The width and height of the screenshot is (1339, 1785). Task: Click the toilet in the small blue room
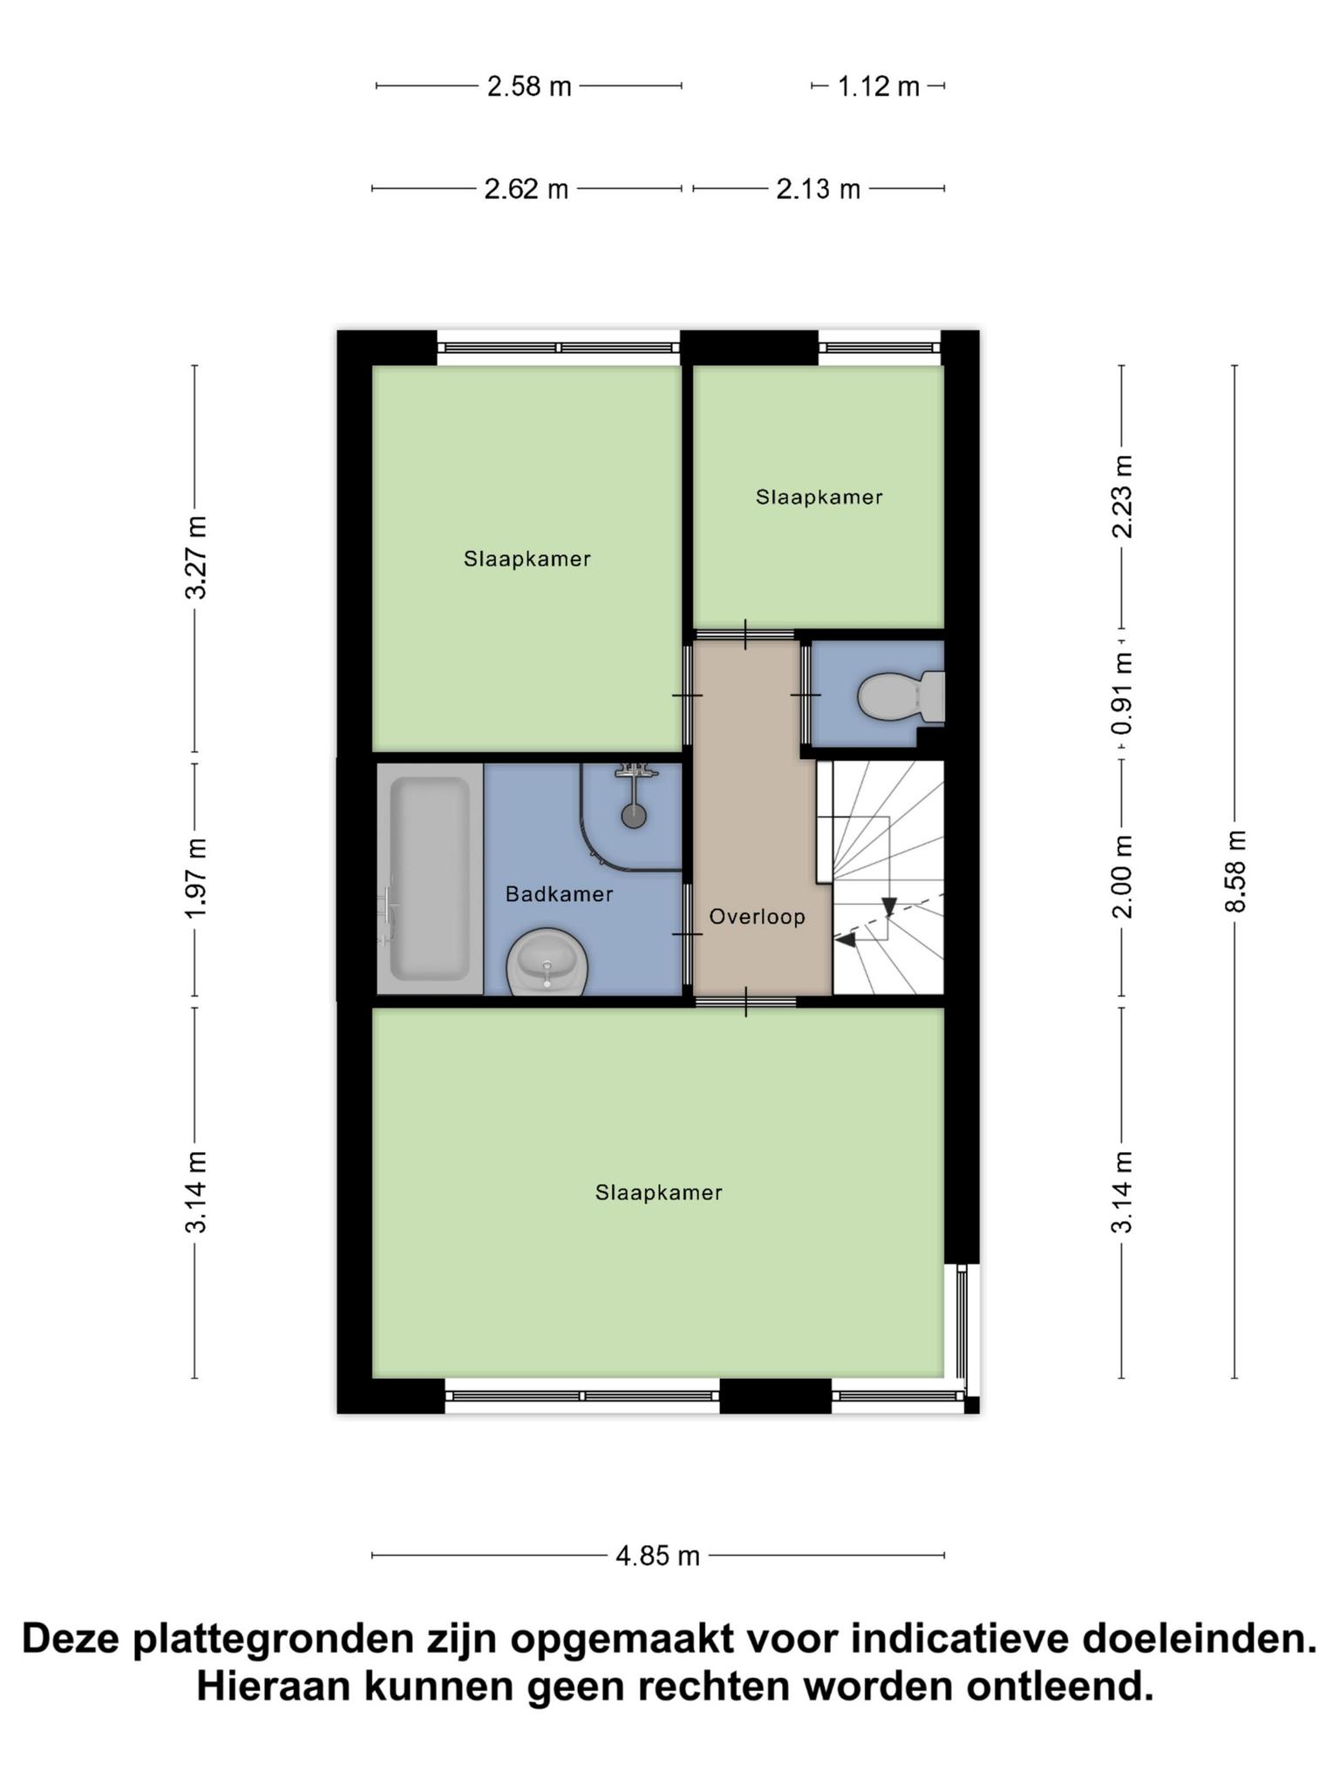[901, 696]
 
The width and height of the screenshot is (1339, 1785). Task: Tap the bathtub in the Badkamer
[430, 879]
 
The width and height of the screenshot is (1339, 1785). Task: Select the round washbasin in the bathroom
[547, 961]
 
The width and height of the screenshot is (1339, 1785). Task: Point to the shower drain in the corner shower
[634, 816]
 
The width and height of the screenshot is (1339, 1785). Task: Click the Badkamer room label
[559, 894]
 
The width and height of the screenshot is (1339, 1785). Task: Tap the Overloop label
[757, 917]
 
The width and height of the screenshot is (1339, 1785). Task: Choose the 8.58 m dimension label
[1235, 871]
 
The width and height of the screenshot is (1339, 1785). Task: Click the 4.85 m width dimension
[658, 1556]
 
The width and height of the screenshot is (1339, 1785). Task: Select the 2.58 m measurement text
[529, 86]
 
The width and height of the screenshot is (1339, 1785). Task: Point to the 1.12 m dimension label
[879, 86]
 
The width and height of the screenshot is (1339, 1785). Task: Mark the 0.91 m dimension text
[1122, 695]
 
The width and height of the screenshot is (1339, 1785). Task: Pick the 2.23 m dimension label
[1122, 497]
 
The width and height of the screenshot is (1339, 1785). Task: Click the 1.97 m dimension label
[195, 879]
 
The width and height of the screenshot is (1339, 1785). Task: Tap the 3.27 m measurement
[195, 558]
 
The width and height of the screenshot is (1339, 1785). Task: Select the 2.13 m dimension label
[818, 189]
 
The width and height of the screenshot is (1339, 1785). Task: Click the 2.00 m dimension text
[1122, 877]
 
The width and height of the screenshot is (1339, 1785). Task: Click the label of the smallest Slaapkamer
[819, 497]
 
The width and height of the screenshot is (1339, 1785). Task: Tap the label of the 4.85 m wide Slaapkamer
[658, 1192]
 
